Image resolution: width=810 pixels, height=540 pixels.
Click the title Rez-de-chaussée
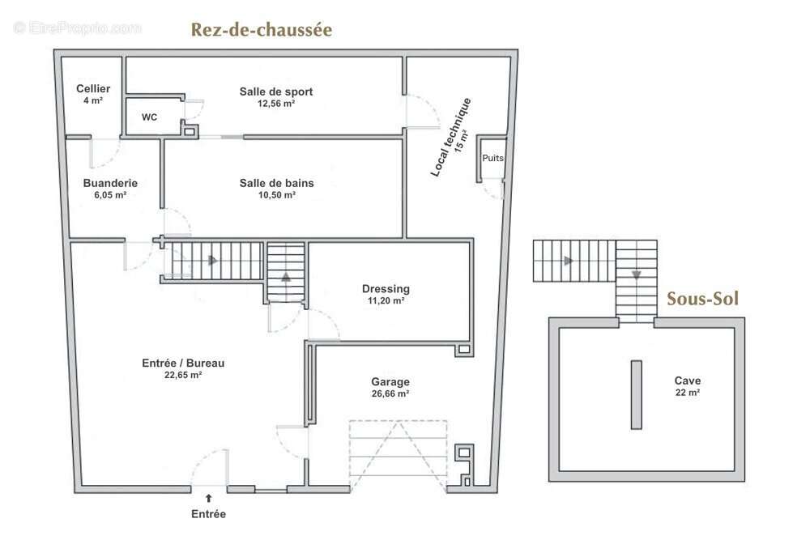pos(261,31)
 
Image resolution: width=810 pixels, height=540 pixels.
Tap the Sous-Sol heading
pos(702,299)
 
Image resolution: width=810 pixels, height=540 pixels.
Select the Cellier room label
pos(93,88)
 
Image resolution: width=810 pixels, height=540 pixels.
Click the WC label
pos(149,117)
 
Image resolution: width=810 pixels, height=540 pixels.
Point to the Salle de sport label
pos(275,91)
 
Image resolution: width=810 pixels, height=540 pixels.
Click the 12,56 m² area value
pos(275,104)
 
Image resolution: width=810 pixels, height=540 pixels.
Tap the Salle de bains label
pos(276,183)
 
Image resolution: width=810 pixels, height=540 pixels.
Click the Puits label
pos(492,159)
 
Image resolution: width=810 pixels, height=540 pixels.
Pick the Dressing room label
pos(386,288)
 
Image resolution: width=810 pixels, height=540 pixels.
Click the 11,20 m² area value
pos(386,300)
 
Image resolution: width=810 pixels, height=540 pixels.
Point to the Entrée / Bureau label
pos(183,364)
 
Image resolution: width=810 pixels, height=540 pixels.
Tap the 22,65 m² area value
pos(183,376)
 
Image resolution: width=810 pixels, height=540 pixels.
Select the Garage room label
pos(390,381)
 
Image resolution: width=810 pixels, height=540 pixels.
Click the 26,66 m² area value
pos(390,393)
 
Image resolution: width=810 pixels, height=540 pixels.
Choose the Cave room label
pos(688,381)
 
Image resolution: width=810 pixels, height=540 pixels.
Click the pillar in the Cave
pos(636,394)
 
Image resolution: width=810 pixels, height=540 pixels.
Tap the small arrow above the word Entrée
pos(209,500)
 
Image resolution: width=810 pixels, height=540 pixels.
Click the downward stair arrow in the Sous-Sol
pos(637,274)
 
